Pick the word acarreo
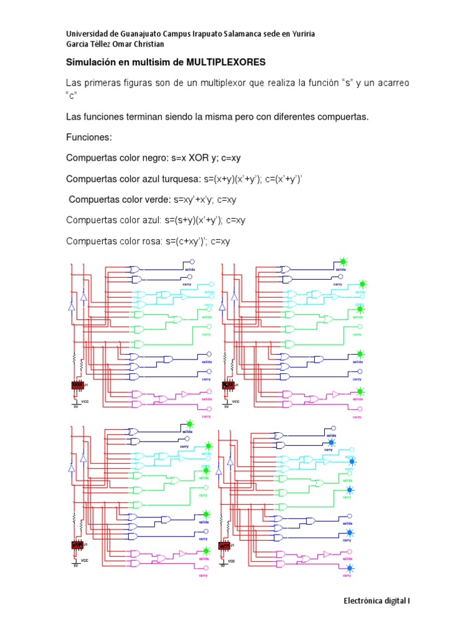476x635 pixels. click(391, 82)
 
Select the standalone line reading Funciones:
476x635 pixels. click(89, 136)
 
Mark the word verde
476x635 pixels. click(157, 200)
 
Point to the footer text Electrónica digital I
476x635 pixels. click(377, 601)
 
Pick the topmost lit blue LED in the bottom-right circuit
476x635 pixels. click(332, 442)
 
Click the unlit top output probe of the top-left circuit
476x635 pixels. click(192, 262)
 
